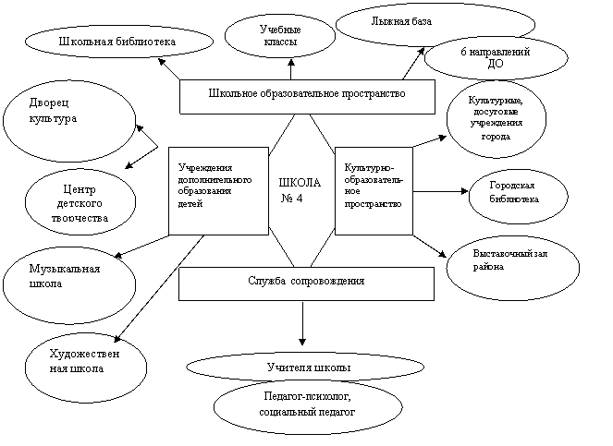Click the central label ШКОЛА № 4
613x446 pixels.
click(x=300, y=190)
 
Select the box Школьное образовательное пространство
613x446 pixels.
click(x=307, y=97)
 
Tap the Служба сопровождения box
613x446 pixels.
click(x=307, y=283)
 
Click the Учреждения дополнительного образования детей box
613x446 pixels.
click(x=218, y=191)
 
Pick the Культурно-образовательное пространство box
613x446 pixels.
click(x=374, y=191)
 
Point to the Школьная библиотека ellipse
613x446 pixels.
click(x=119, y=42)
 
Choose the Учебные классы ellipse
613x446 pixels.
click(x=280, y=36)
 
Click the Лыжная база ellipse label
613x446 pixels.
click(x=401, y=21)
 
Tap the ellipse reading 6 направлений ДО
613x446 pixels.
click(x=496, y=58)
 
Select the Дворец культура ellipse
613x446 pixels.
click(x=69, y=121)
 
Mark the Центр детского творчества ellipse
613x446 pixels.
click(x=80, y=202)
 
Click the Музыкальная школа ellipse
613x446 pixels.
click(x=69, y=285)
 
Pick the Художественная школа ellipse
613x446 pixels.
click(x=86, y=368)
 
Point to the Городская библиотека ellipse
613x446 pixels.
click(x=518, y=197)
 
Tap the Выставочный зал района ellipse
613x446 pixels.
click(x=512, y=268)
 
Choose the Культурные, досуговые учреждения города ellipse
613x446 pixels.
click(x=497, y=119)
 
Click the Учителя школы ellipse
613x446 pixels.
click(x=305, y=368)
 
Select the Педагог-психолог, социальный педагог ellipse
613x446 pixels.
click(x=308, y=407)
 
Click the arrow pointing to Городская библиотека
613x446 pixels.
click(x=441, y=191)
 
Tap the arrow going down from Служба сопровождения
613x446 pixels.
click(x=302, y=323)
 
